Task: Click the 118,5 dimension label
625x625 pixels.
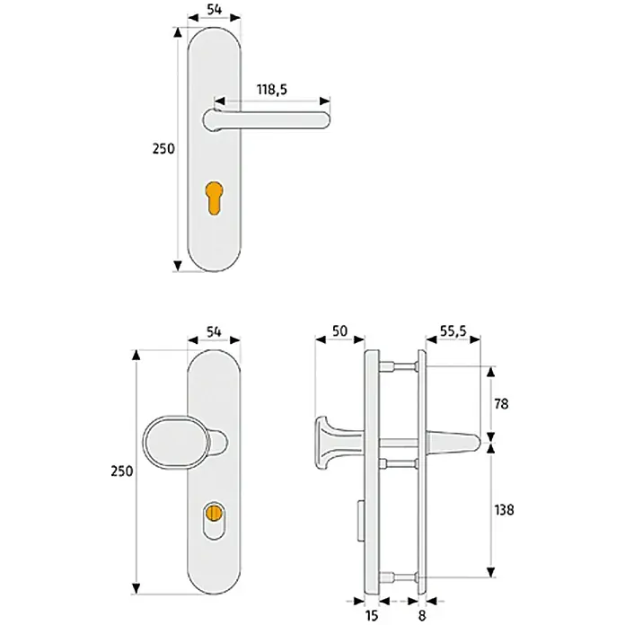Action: [x=272, y=90]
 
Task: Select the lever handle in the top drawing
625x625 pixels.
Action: [x=266, y=119]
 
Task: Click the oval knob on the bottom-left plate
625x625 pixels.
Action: [x=177, y=443]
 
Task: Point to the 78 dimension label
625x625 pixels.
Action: [x=501, y=404]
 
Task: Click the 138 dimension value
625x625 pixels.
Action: [x=504, y=510]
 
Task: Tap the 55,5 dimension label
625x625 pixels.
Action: [x=453, y=330]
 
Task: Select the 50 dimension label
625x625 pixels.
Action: [x=339, y=330]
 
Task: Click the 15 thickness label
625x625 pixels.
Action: [x=371, y=615]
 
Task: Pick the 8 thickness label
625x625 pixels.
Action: [x=422, y=615]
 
